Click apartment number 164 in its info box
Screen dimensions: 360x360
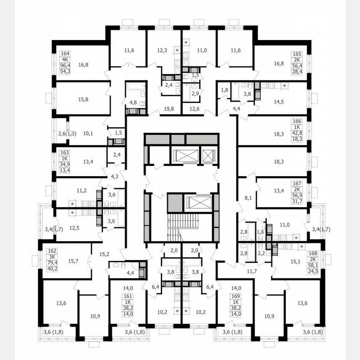pos(65,54)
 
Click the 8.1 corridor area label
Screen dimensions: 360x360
pos(248,198)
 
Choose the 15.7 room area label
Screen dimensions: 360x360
pos(73,261)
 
